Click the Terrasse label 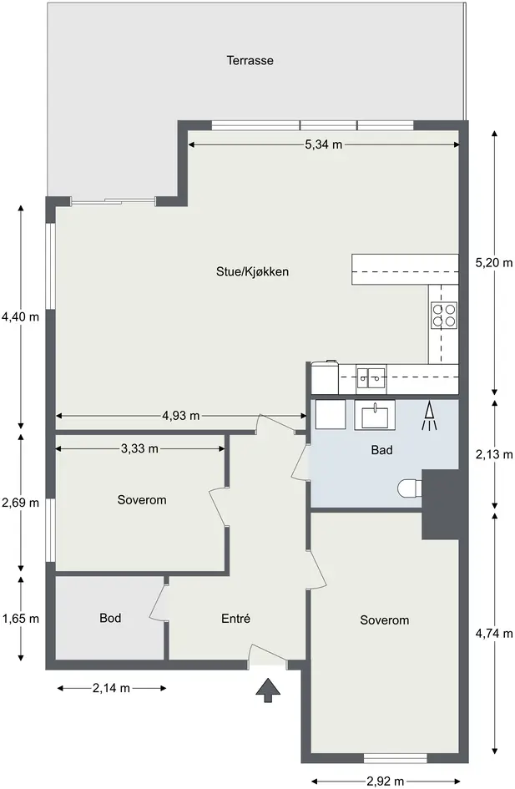point(250,60)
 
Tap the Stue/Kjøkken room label point(252,271)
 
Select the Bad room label point(381,450)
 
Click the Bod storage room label point(110,618)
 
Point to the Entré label point(236,619)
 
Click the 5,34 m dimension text point(323,144)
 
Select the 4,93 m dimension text point(181,416)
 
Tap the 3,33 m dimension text point(140,448)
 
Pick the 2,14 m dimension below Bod point(111,688)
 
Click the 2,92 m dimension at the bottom point(386,781)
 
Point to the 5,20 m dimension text point(494,262)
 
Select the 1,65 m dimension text point(21,619)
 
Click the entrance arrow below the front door point(268,690)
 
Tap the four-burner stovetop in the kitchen point(443,316)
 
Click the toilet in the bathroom point(409,488)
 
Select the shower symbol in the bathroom point(429,416)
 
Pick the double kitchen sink point(371,378)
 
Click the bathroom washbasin point(375,415)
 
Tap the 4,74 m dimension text point(494,634)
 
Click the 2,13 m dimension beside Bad point(494,454)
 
